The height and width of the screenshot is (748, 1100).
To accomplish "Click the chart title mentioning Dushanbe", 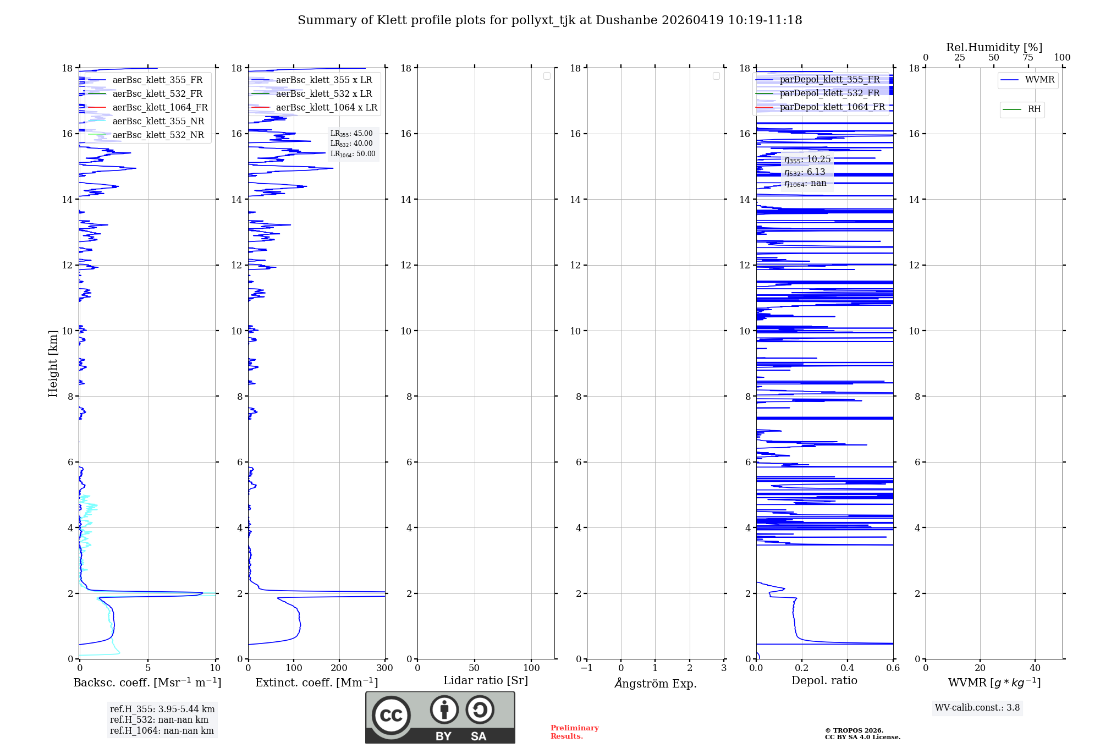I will tap(549, 20).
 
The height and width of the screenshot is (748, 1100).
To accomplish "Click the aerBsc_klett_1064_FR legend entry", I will tap(159, 107).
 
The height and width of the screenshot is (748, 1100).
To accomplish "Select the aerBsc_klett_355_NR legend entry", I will tap(158, 121).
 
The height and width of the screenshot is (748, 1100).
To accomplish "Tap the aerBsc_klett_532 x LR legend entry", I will tap(323, 94).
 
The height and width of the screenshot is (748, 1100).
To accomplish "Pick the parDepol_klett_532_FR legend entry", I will tap(829, 93).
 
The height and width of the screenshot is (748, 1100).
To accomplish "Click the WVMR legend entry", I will tap(1039, 80).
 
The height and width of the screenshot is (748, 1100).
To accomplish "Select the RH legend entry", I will tap(1033, 109).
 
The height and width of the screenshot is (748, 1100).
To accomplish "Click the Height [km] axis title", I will tap(53, 364).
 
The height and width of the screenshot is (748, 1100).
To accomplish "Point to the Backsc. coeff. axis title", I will tap(147, 683).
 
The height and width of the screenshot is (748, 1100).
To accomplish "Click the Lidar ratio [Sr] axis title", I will tap(485, 680).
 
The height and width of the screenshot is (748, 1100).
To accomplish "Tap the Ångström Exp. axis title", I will tap(655, 683).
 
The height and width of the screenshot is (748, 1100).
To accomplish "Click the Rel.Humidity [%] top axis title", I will tap(994, 47).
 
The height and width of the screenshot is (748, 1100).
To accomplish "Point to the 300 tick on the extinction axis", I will tap(384, 668).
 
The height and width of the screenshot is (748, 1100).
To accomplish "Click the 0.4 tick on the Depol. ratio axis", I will tap(847, 668).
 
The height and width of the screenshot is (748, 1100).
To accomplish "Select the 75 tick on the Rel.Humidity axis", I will tap(1028, 58).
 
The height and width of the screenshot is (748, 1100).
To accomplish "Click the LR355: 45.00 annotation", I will tap(351, 134).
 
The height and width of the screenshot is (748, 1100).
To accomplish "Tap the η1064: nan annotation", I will tap(805, 183).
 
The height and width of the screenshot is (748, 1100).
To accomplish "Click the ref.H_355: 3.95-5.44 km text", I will tap(162, 709).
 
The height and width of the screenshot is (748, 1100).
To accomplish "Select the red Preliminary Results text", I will tap(574, 732).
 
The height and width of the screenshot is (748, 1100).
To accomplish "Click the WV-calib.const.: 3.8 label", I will tap(977, 708).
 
